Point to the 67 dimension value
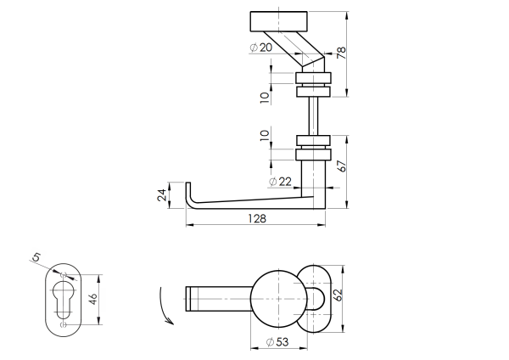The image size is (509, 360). click(x=341, y=166)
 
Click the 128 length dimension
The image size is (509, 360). click(x=257, y=219)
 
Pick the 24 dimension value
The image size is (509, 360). click(x=161, y=195)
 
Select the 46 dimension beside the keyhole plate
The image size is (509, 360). click(x=94, y=298)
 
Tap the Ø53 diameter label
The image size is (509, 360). click(x=277, y=341)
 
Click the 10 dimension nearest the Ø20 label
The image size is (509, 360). click(x=265, y=96)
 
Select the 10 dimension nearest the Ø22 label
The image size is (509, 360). click(x=265, y=135)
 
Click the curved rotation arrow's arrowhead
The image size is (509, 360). click(x=171, y=323)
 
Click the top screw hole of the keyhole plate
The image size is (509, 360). click(x=64, y=275)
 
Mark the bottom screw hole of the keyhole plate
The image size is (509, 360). click(x=64, y=322)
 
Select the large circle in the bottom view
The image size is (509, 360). click(x=275, y=298)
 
